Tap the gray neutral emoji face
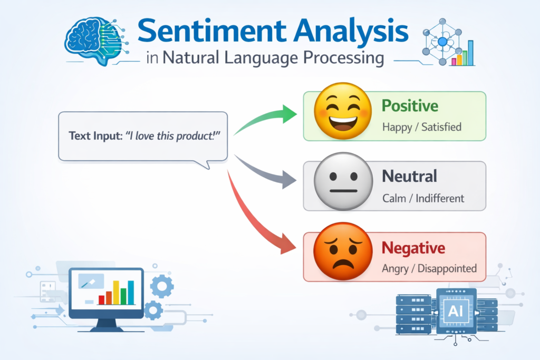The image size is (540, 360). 340,184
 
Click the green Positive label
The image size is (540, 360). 410,105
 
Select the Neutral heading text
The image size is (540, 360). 410,176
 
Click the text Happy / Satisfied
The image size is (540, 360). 421,127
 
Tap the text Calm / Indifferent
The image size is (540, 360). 423,198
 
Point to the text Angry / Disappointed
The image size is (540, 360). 429,268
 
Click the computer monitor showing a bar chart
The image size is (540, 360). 106,293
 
